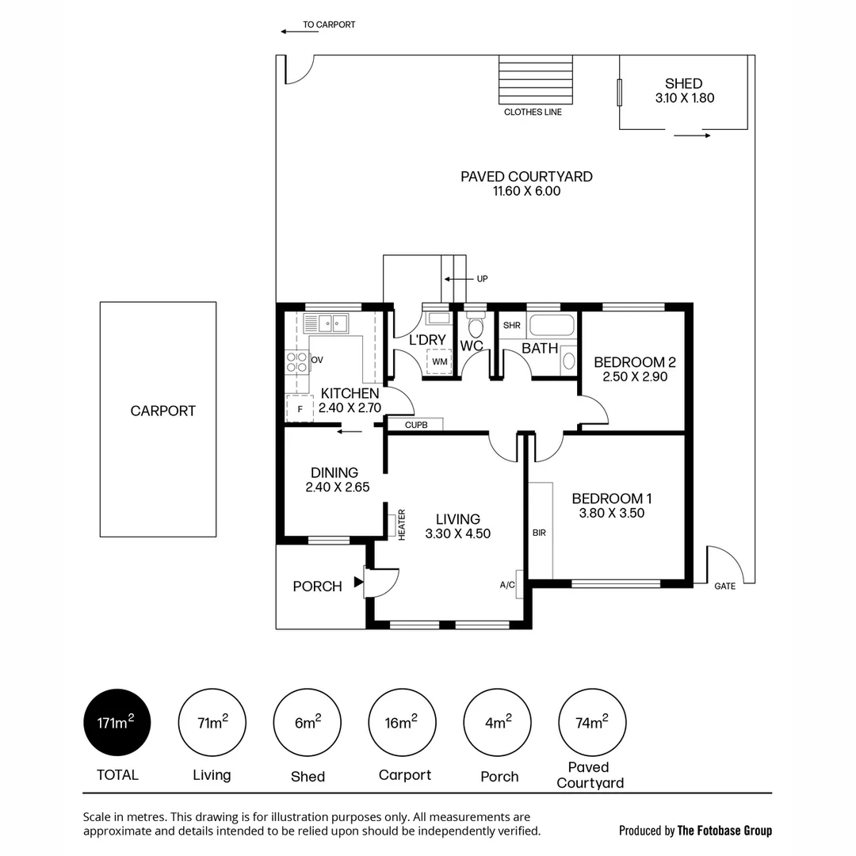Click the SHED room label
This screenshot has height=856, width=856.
pos(683,83)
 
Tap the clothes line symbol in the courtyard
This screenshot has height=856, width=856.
pos(536,80)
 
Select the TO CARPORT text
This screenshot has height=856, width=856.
pos(329,25)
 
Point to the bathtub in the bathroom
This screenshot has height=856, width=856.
pos(552,325)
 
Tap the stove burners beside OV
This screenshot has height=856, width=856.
pos(297,362)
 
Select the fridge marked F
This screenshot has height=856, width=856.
pos(300,409)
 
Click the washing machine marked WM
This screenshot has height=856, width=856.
pos(439,361)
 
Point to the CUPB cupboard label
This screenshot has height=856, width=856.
pos(416,425)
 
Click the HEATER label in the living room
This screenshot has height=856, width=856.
pos(402,525)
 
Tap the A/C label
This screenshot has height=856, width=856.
pos(507,585)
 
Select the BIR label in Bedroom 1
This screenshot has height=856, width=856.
pos(540,533)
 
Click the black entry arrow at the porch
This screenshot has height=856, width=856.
pos(359,582)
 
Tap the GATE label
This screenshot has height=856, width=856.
pos(725,587)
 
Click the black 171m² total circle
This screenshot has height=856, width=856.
pos(117,722)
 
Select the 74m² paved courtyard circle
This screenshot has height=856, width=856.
pos(592,722)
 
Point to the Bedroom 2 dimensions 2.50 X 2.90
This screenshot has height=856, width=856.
pos(635,376)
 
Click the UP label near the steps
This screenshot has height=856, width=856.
pos(482,279)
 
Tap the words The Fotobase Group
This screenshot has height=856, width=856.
pos(724,831)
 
